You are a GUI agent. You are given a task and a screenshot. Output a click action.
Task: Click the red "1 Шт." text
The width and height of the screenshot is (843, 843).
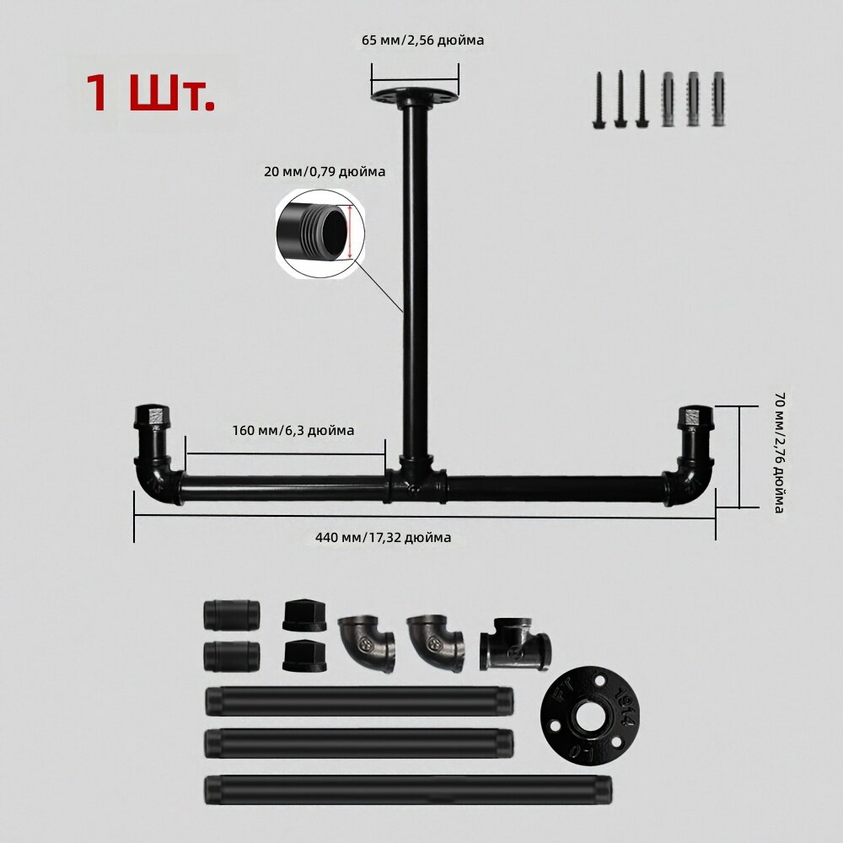click(150, 93)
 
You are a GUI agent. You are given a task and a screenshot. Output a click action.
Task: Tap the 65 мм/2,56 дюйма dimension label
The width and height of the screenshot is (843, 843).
click(422, 40)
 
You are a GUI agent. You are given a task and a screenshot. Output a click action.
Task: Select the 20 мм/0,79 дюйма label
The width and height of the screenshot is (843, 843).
click(325, 172)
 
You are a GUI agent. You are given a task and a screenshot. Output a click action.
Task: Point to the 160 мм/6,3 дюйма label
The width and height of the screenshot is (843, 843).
click(293, 431)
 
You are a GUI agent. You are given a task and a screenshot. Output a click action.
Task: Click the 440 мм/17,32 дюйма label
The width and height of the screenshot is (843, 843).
click(383, 538)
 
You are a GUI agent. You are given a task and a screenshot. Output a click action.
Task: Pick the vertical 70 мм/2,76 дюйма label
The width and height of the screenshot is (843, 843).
click(780, 453)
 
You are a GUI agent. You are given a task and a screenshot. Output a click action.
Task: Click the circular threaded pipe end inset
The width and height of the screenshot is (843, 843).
click(320, 234)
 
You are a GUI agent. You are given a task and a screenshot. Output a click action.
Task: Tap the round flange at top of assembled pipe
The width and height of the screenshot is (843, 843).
click(415, 96)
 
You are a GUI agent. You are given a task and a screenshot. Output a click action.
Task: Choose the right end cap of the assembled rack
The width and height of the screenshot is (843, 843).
click(695, 416)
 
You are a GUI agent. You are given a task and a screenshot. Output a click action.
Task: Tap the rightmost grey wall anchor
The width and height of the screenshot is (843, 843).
click(718, 99)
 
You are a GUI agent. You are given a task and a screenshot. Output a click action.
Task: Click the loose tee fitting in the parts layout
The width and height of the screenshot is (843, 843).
click(514, 643)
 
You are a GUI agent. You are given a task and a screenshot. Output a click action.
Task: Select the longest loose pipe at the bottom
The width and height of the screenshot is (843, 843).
click(408, 790)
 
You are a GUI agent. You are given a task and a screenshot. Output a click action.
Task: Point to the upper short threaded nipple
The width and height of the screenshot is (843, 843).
click(232, 615)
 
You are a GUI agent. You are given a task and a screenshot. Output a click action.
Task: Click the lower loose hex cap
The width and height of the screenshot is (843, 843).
click(304, 655)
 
